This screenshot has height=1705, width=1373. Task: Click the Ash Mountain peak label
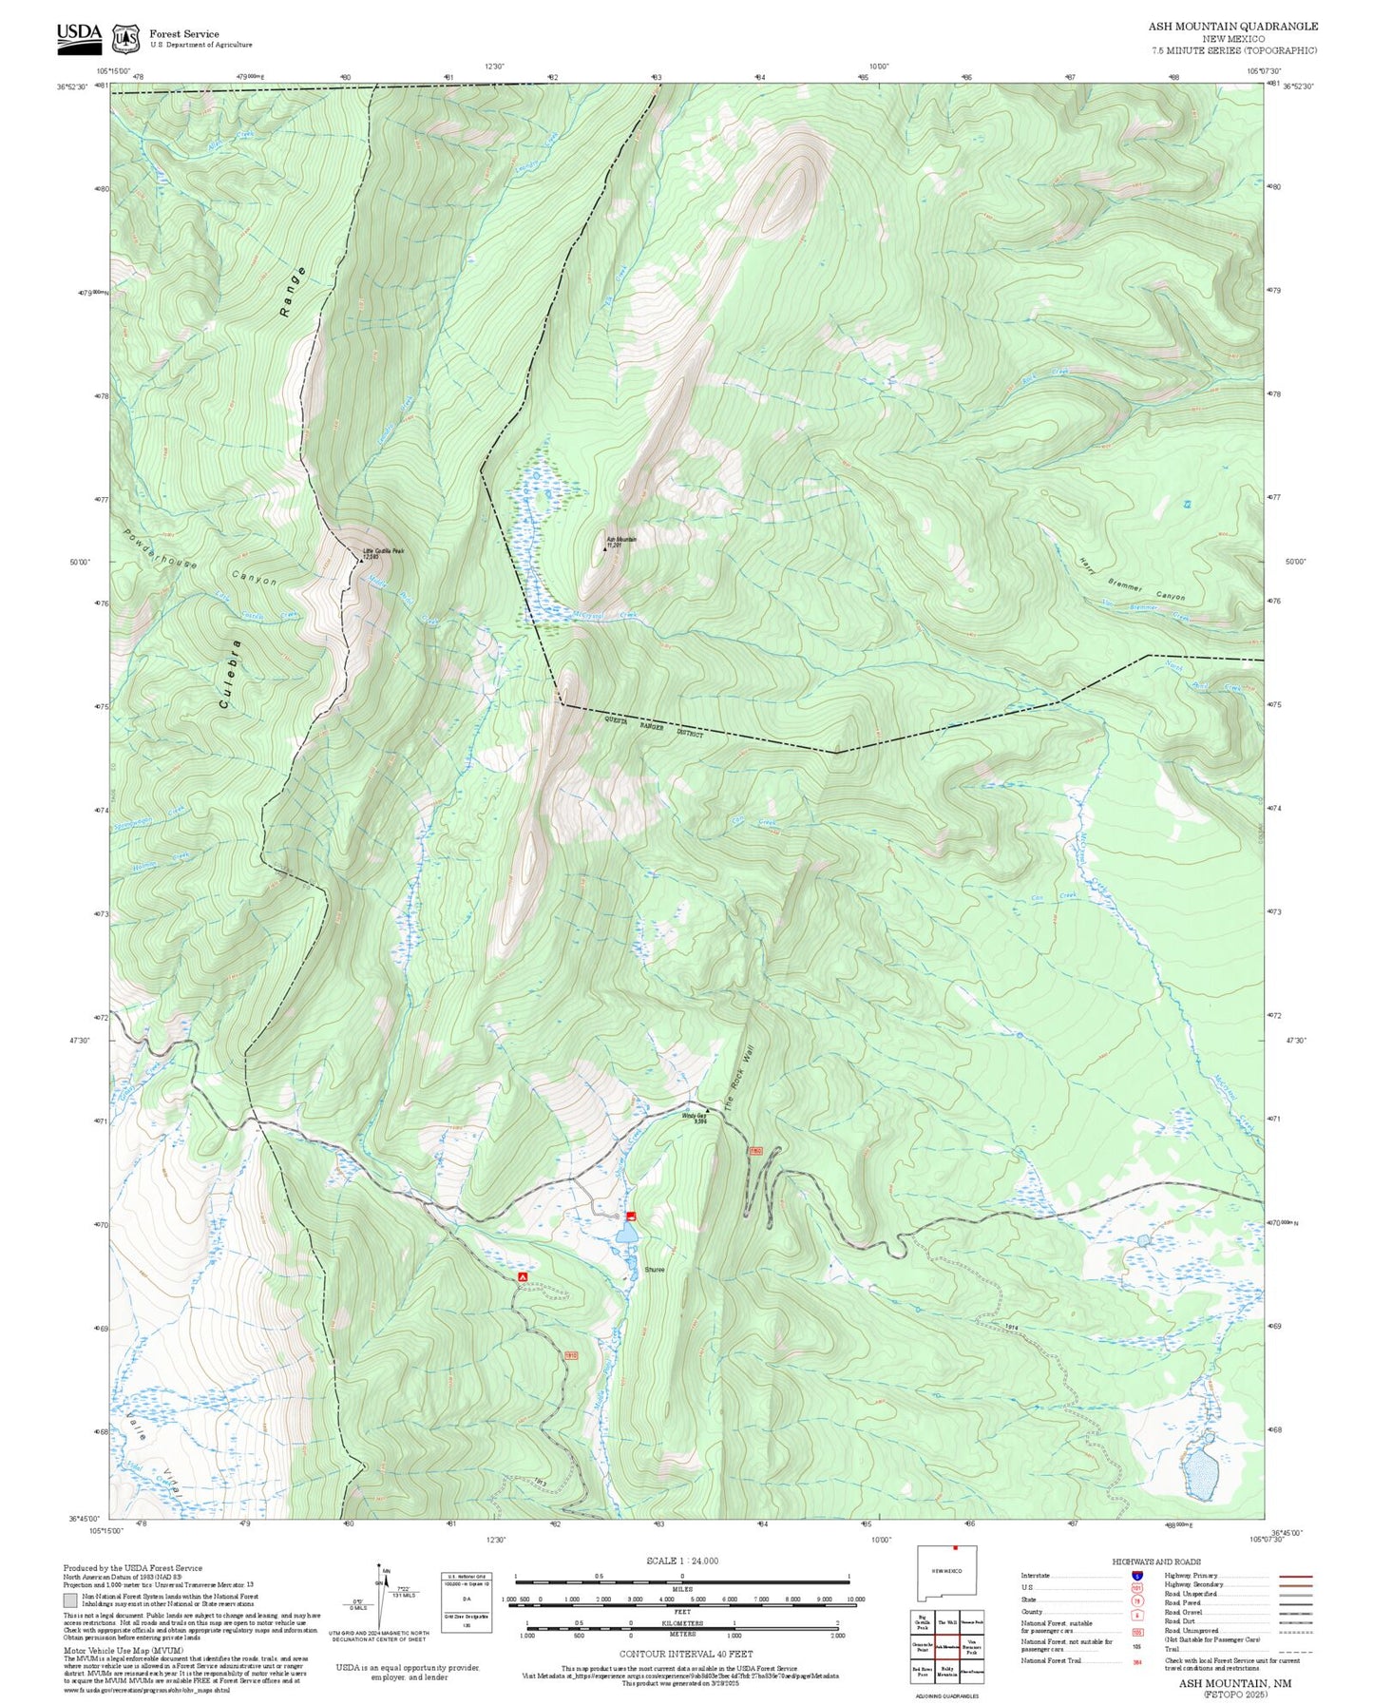click(621, 541)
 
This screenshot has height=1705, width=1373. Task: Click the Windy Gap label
click(695, 1117)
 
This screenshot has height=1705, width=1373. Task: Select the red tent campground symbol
click(522, 1276)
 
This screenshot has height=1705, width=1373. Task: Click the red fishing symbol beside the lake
click(632, 1216)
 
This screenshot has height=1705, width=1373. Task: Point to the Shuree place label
click(655, 1270)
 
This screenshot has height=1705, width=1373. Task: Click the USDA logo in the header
click(79, 35)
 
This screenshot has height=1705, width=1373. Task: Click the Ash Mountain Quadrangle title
click(1232, 27)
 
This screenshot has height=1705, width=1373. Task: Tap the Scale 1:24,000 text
click(681, 1561)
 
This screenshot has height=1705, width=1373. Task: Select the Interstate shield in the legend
click(1136, 1576)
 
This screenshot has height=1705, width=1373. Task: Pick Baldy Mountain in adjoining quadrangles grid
click(946, 1672)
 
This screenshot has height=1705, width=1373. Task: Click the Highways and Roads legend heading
click(1156, 1561)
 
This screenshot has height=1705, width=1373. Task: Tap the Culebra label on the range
click(229, 675)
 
